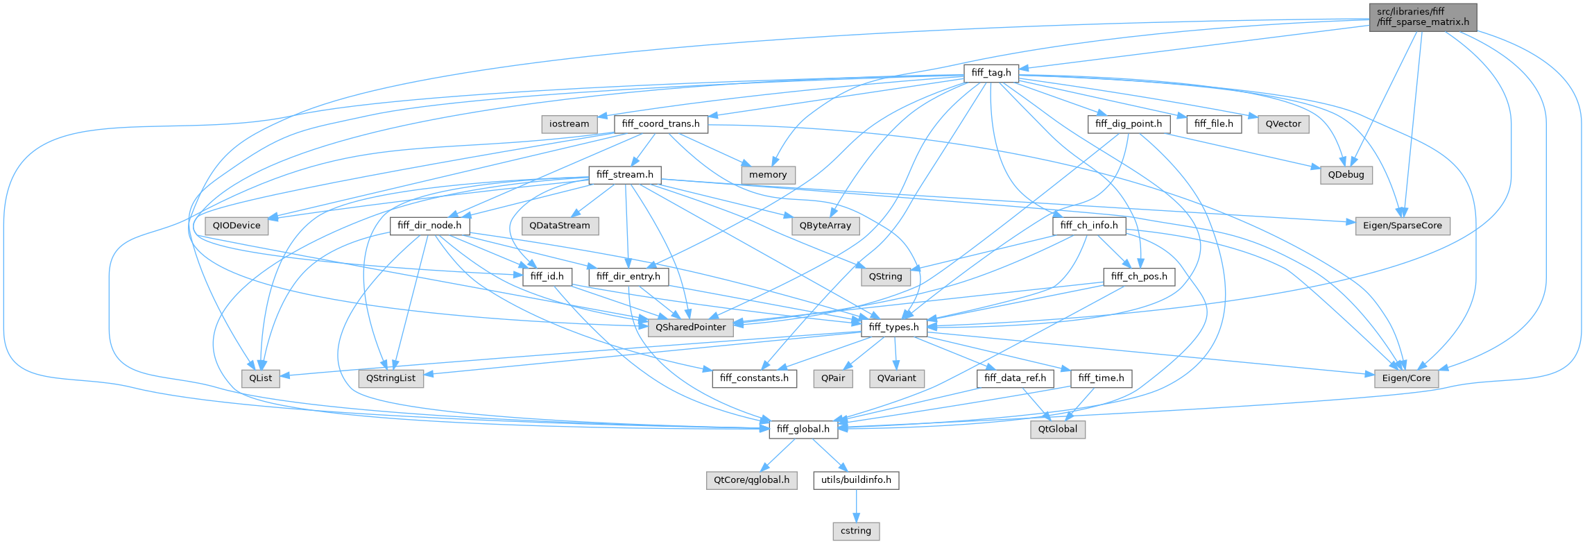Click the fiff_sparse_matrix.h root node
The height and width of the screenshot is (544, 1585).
(1423, 17)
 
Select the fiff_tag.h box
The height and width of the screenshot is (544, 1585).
(991, 73)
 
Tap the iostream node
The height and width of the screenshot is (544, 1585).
(569, 124)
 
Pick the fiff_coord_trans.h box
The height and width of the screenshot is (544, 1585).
(661, 124)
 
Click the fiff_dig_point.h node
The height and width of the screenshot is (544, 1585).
(1129, 124)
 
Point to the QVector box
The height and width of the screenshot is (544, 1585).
(1283, 124)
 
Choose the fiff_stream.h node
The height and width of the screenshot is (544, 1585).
(625, 175)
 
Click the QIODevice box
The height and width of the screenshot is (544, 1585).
(237, 226)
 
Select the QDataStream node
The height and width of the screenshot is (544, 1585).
(560, 226)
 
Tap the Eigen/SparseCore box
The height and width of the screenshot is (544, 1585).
(1402, 226)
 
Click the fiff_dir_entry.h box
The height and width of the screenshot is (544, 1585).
(628, 277)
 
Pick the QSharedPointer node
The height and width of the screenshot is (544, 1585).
(690, 328)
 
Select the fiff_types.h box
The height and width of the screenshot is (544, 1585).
(893, 328)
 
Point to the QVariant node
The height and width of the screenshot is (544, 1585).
(896, 378)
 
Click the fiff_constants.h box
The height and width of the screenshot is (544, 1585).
(754, 378)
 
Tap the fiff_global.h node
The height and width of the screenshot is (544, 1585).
(803, 430)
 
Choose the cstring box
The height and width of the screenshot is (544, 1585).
(856, 531)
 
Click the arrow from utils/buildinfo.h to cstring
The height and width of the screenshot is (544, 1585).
(856, 506)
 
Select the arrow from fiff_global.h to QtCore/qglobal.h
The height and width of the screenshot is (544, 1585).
(778, 454)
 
